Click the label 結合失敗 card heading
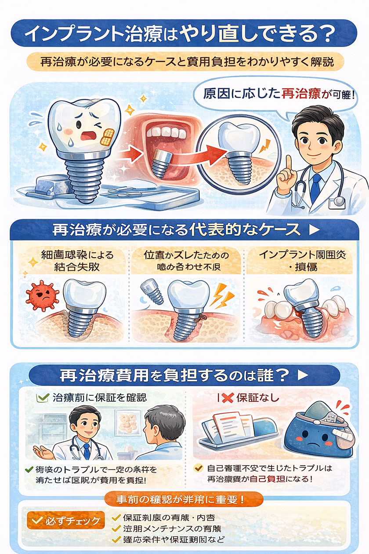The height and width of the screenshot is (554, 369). coord(72,261)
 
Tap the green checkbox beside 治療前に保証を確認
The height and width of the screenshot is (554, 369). coord(43,398)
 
